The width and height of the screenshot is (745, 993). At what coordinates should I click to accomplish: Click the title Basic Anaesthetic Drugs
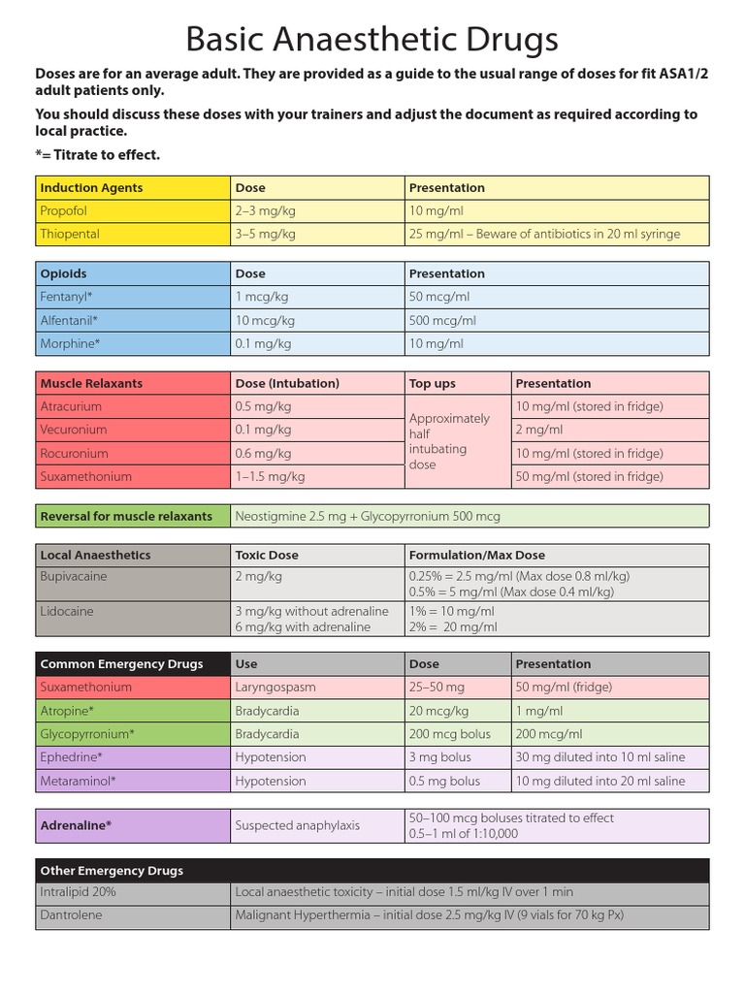pos(372,40)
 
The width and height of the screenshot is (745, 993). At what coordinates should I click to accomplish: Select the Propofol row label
pos(64,210)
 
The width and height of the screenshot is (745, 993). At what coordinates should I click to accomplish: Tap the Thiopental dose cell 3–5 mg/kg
pos(265,234)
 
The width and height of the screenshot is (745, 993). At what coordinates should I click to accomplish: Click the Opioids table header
pos(64,273)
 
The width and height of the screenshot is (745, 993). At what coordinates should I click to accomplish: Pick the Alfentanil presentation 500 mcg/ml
pos(442,320)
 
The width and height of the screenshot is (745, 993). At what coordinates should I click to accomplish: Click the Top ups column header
pos(433,383)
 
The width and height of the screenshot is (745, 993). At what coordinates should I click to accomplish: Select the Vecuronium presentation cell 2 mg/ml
pos(539,430)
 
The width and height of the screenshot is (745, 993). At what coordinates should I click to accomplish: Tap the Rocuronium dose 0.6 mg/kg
pos(263,453)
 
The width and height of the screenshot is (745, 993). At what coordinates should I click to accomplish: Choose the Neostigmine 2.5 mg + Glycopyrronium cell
pos(368,516)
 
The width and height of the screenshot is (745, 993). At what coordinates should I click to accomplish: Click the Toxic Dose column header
pos(267,555)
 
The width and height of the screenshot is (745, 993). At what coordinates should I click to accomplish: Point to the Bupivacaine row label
pos(74,576)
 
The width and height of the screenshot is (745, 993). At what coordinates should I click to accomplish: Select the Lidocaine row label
pos(66,611)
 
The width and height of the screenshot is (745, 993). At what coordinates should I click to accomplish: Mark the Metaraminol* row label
pos(79,781)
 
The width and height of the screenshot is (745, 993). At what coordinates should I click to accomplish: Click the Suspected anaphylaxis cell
pos(297,825)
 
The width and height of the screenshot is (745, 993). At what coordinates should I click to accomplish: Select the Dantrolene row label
pos(71,914)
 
